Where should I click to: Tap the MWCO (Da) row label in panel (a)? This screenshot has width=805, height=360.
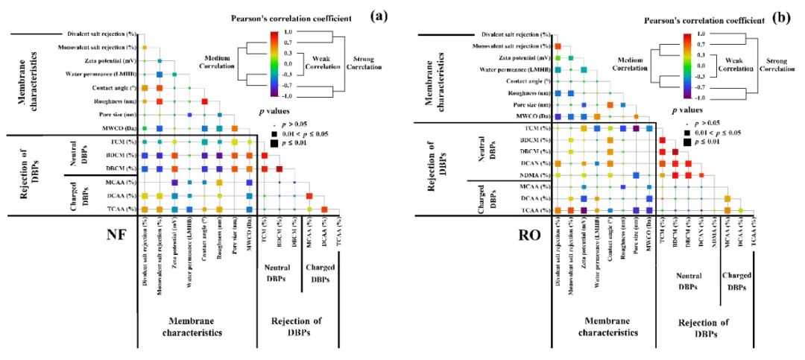[121, 129]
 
